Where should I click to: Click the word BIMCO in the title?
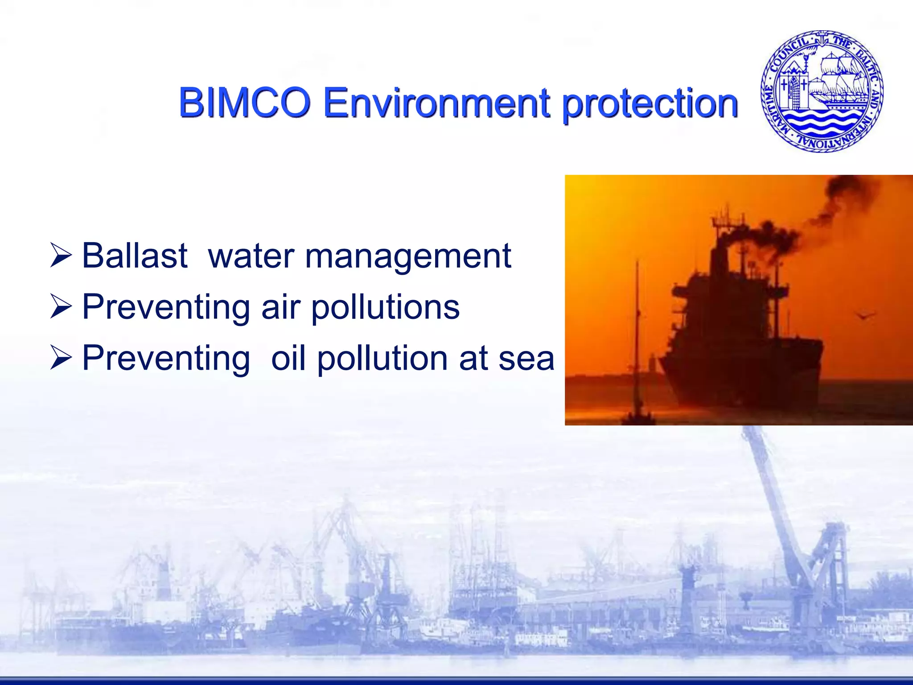[244, 103]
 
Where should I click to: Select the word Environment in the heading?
[436, 103]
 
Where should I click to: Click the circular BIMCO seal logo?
[822, 91]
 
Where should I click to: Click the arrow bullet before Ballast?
[61, 256]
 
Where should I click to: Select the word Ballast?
[135, 256]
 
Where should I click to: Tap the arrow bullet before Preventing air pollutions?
[61, 307]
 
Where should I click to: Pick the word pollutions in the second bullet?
[385, 308]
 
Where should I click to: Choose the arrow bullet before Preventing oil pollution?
[61, 358]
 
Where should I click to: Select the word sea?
[526, 359]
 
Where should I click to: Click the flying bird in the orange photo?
[865, 316]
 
